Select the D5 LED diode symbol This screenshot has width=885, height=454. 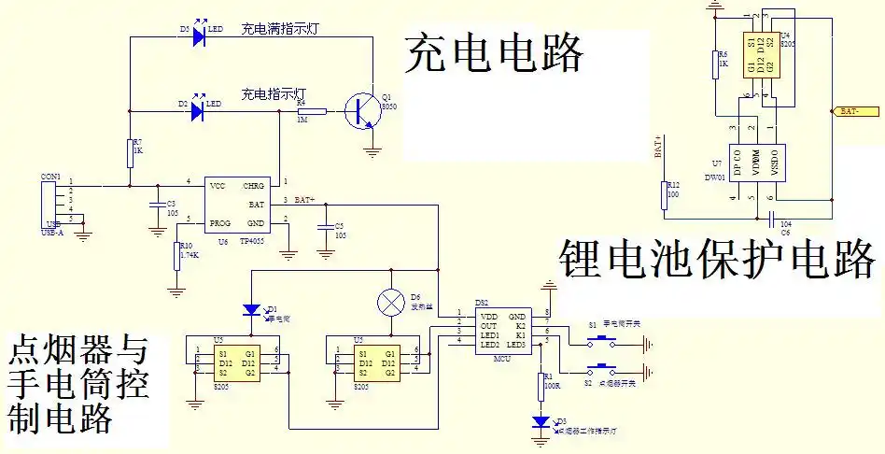[198, 37]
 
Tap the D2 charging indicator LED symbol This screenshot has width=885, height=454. [198, 111]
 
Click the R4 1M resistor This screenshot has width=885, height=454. [311, 111]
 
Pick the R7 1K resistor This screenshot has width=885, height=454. [130, 150]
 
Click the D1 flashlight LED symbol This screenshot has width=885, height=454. [251, 309]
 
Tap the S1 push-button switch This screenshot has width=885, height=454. [598, 333]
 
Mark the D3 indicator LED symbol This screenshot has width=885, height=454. [542, 422]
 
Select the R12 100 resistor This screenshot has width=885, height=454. [665, 195]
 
